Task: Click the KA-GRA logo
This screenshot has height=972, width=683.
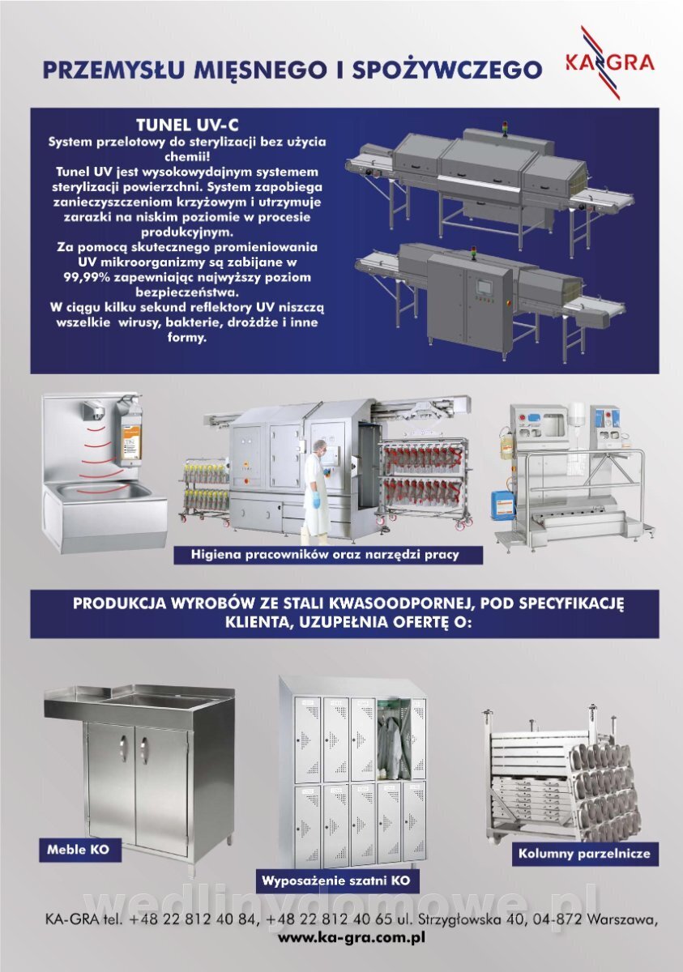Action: pos(609,62)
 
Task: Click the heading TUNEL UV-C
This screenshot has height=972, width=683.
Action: pos(187,126)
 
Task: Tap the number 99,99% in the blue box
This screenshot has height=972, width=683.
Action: pos(87,277)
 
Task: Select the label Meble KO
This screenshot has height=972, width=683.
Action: pos(78,849)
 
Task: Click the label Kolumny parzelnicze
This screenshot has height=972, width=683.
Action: pos(584,854)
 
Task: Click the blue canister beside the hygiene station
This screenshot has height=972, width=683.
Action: pos(502,505)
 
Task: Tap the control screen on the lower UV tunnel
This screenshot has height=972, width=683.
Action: pos(483,287)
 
